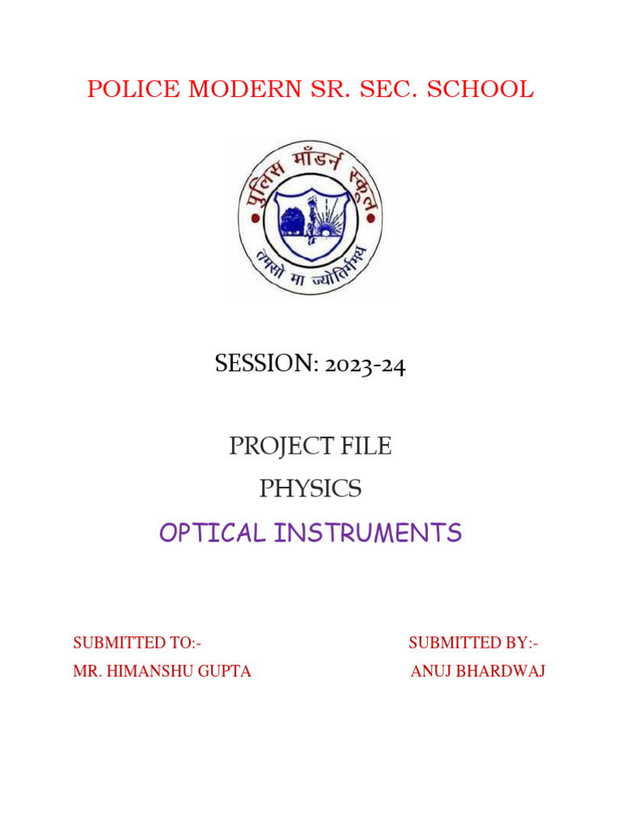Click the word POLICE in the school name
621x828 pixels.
pos(123,90)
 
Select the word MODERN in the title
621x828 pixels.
pos(227,90)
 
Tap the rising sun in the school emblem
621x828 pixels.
pos(327,226)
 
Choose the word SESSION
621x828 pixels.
pos(264,365)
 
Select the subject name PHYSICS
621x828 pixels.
pos(310,489)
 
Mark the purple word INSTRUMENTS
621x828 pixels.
pos(368,533)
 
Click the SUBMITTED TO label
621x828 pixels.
pos(137,643)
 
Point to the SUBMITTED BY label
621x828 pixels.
pos(473,643)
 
